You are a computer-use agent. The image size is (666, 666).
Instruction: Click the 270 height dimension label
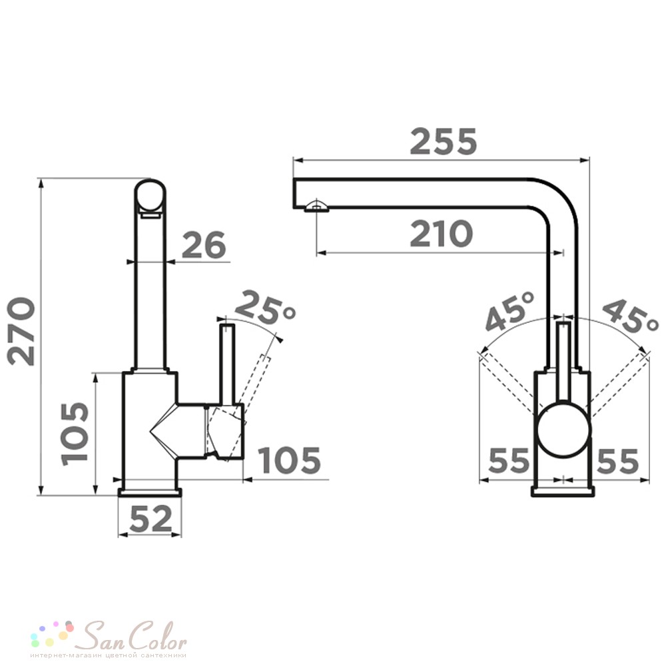(21, 331)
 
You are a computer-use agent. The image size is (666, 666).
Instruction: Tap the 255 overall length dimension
(443, 141)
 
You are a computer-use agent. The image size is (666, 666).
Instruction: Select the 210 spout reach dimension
(441, 234)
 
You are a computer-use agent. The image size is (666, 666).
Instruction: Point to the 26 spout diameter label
(203, 244)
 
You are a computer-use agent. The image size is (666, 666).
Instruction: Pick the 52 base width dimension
(151, 518)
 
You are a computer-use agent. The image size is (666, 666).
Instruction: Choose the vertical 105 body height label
(75, 434)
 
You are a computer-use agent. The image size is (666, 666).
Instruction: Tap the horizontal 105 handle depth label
(290, 460)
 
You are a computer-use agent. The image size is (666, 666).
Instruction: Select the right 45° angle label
(630, 316)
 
